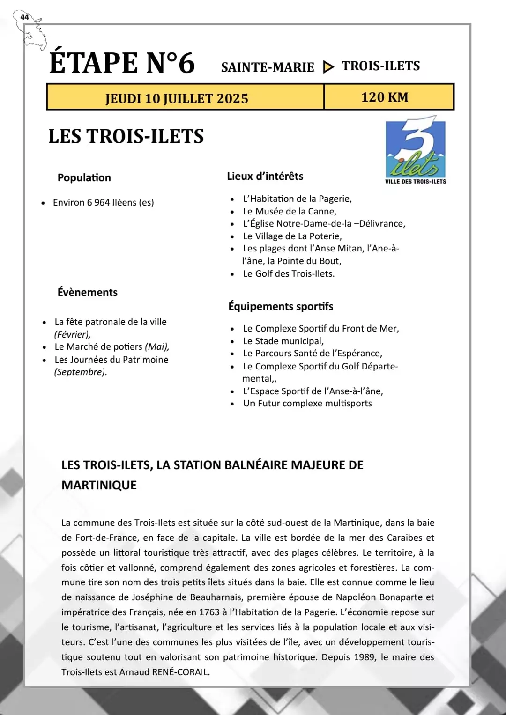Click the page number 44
coord(24,17)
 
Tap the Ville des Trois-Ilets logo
coord(416,151)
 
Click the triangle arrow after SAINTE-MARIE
coord(328,67)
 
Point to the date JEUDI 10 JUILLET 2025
coord(177,98)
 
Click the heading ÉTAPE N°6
coord(122,63)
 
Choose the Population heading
coord(84,177)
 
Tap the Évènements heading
coord(88,292)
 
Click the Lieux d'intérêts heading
coord(265,176)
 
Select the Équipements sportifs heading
coord(281,306)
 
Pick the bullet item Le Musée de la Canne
coord(290,211)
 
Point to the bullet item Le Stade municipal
coord(283,341)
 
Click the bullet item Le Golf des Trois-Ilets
coord(289,273)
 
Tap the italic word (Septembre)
coord(81,372)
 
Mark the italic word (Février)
coord(72,334)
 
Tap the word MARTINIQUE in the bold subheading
coord(99,485)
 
